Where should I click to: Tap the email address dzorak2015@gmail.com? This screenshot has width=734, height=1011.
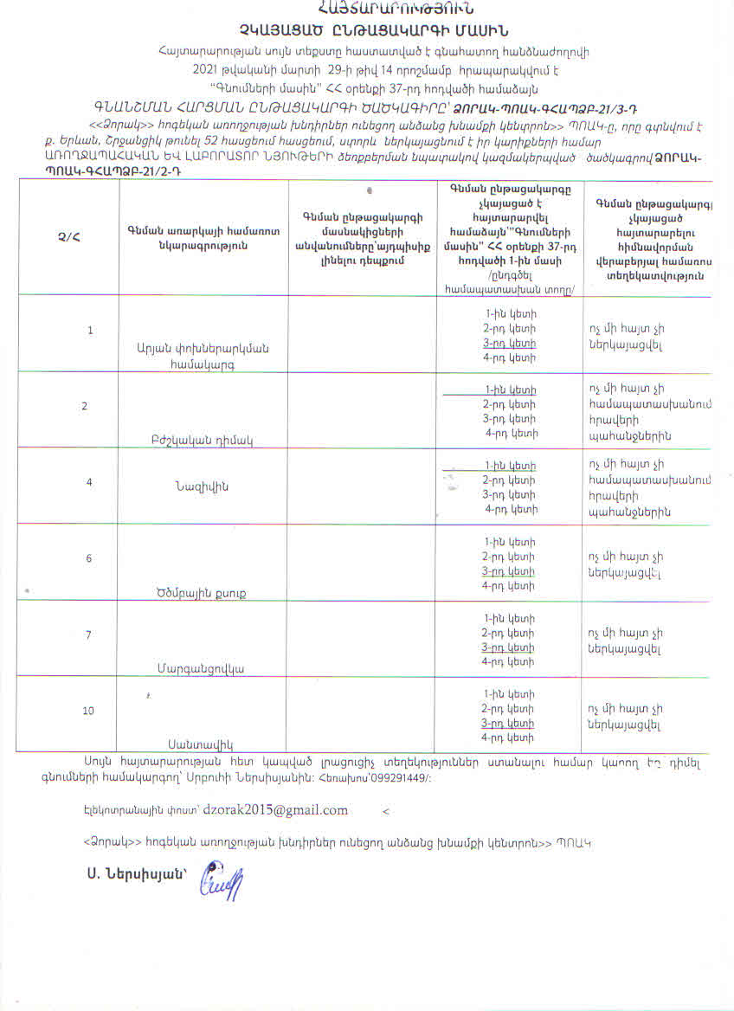(x=276, y=810)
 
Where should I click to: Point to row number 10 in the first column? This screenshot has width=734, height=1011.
(x=88, y=711)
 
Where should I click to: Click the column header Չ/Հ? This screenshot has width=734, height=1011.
(x=68, y=235)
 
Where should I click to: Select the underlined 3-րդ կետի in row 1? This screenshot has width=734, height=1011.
(x=510, y=343)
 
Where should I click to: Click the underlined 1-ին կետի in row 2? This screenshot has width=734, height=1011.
(x=511, y=390)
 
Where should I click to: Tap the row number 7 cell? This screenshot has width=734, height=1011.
(x=88, y=635)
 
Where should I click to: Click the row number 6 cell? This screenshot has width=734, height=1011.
(x=88, y=558)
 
